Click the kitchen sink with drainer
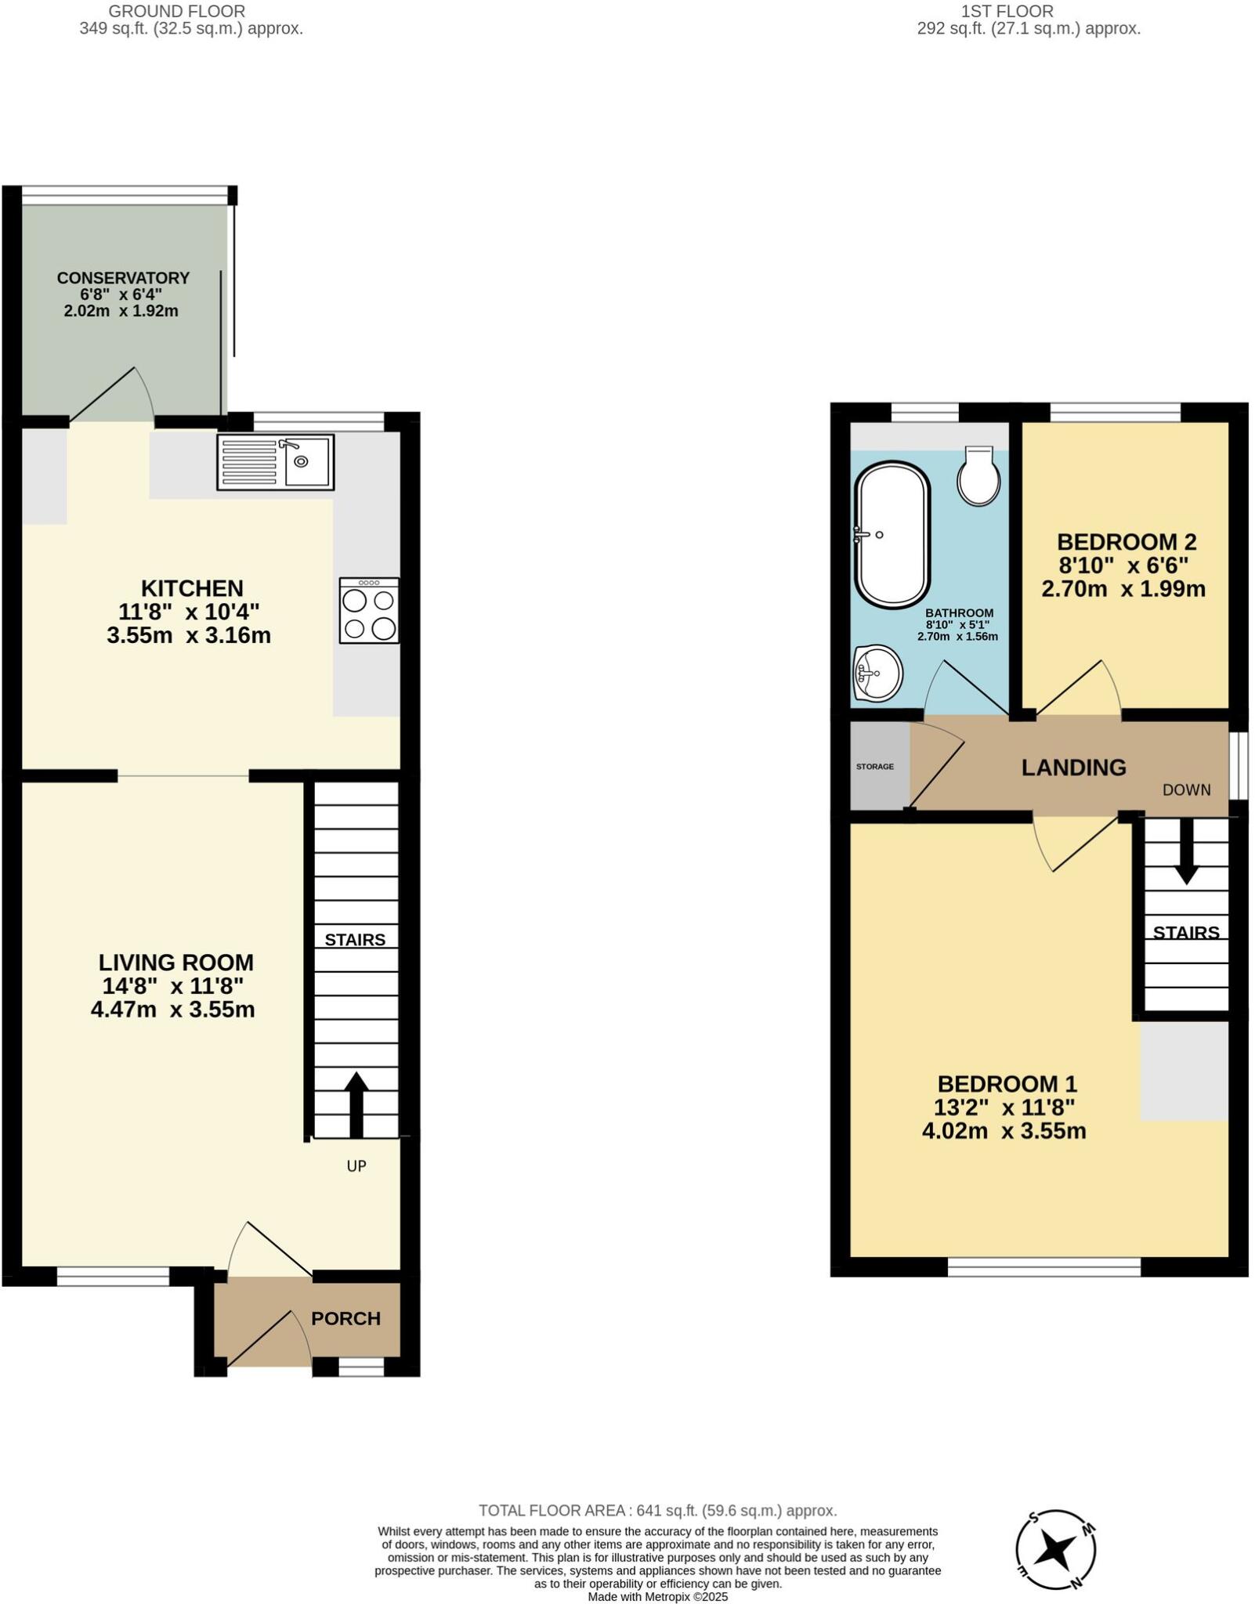[275, 462]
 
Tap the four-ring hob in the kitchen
[369, 611]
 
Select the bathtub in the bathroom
[892, 534]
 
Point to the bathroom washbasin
[877, 673]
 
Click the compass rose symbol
[1055, 1550]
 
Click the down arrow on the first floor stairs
[1186, 851]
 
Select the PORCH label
[345, 1318]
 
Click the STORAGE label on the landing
[874, 767]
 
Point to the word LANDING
[1073, 768]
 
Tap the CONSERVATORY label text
[123, 278]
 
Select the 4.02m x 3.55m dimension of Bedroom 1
[1004, 1131]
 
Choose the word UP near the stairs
[356, 1166]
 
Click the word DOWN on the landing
[1186, 790]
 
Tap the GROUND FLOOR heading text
[177, 12]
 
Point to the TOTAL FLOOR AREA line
[657, 1511]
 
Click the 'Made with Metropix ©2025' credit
[657, 1597]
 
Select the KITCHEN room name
[192, 588]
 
